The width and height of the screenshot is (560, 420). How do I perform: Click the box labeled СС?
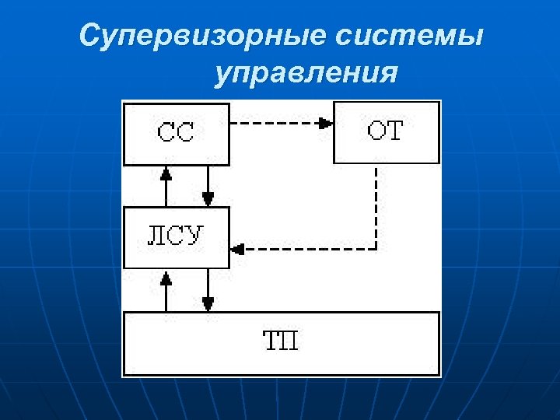coord(177,133)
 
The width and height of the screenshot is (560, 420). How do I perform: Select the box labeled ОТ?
coord(386,132)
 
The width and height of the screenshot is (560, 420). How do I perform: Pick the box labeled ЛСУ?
coord(177,237)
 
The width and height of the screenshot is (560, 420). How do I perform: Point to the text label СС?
coord(177,133)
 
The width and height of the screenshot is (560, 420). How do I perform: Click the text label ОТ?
coord(386,131)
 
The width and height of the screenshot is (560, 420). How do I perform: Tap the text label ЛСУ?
coord(177,236)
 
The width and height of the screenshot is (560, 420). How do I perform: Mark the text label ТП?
coord(280,341)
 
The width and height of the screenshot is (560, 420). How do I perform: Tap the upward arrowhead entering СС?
coord(165,172)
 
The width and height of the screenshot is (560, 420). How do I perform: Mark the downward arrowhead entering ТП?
coord(208,303)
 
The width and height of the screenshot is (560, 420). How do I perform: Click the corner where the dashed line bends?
coord(376,249)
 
